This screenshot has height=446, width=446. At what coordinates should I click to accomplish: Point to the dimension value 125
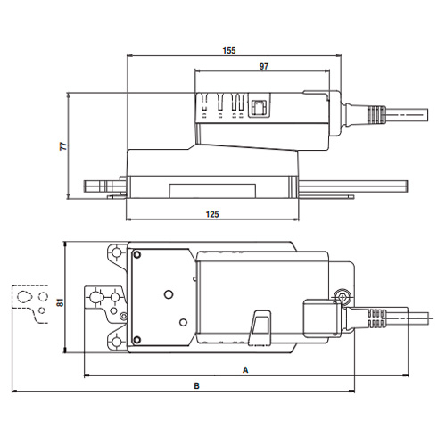point(212,215)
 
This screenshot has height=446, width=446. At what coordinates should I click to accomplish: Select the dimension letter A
point(244,368)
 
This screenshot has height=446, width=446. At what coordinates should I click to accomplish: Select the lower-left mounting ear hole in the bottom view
point(116,341)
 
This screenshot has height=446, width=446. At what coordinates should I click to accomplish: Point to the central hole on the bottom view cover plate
point(166,293)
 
